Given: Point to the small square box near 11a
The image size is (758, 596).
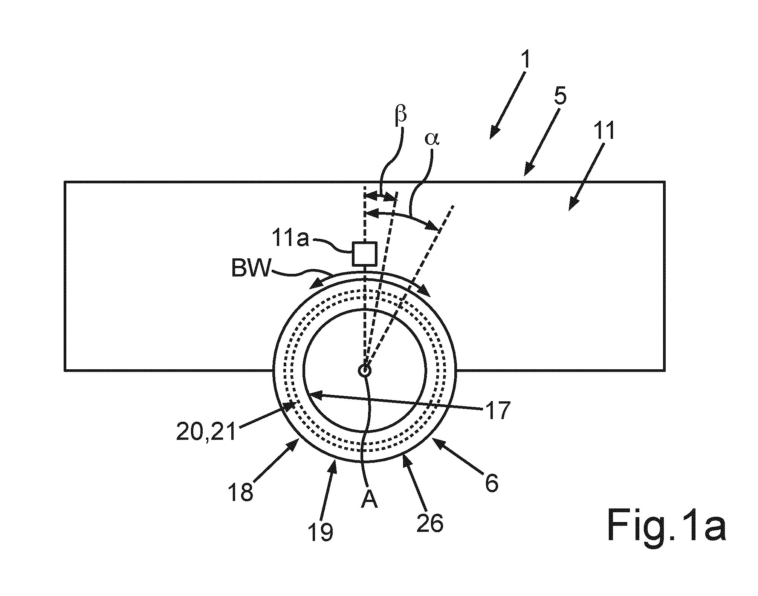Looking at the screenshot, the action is [364, 254].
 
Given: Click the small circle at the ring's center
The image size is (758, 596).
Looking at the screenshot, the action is [364, 370].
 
